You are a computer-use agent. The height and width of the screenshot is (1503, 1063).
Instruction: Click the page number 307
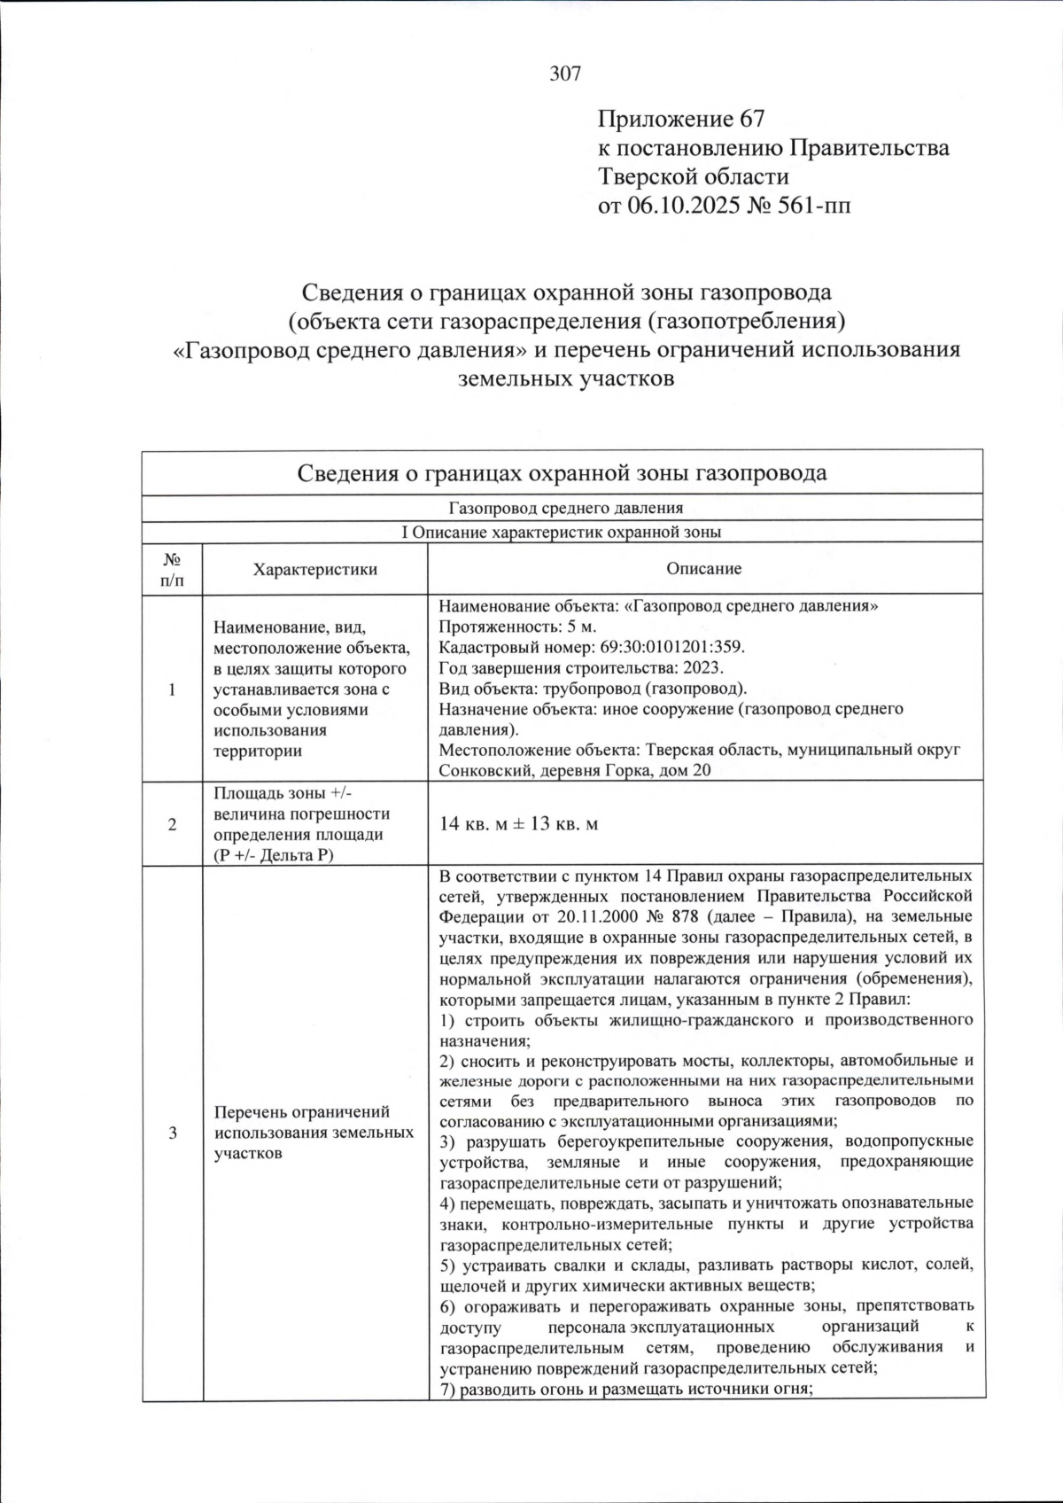[x=565, y=74]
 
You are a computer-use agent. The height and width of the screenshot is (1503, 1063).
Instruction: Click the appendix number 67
[x=749, y=119]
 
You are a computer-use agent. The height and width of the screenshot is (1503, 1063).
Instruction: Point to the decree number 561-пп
[x=810, y=206]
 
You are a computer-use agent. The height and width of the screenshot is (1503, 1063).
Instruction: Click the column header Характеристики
[x=314, y=570]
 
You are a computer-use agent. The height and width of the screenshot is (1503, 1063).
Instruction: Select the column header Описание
[x=704, y=569]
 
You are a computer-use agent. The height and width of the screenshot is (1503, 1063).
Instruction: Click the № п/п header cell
[x=172, y=570]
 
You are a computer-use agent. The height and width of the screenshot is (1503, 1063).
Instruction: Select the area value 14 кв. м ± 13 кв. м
[x=519, y=824]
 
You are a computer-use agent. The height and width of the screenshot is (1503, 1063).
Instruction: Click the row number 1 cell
[x=172, y=689]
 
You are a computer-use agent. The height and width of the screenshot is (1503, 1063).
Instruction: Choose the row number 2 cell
[x=172, y=824]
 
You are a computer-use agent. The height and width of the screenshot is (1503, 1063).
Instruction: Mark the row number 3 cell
[x=172, y=1133]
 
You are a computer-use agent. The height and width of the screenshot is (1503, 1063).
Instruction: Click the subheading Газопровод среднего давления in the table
[x=565, y=509]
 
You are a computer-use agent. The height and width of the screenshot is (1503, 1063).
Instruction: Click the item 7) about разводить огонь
[x=626, y=1389]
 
